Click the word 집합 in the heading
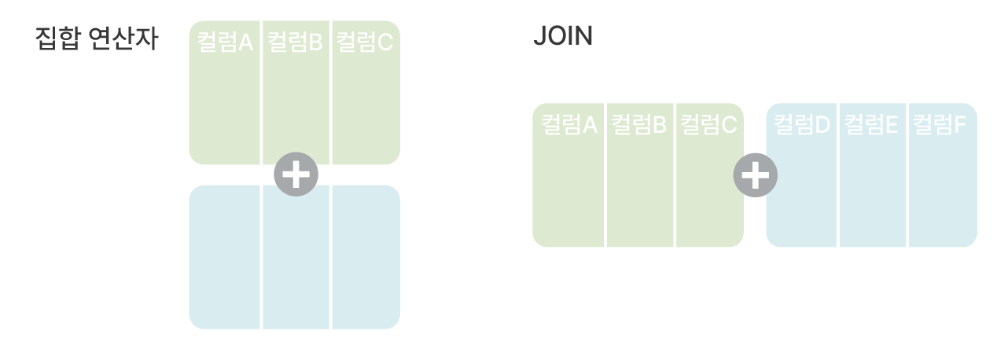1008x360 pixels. click(57, 39)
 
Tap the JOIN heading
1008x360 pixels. click(562, 37)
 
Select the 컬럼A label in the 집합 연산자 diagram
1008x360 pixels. click(225, 42)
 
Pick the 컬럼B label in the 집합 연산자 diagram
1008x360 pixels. click(295, 42)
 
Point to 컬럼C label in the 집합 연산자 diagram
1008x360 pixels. click(364, 42)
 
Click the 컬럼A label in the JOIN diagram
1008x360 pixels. click(569, 124)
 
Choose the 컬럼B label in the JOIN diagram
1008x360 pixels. click(638, 124)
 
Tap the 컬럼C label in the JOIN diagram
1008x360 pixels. click(708, 124)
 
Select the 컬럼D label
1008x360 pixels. click(802, 124)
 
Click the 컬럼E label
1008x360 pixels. click(871, 124)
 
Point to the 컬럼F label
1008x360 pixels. click(940, 124)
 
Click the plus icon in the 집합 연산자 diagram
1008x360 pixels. click(296, 174)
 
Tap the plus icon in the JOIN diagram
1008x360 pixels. click(755, 175)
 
